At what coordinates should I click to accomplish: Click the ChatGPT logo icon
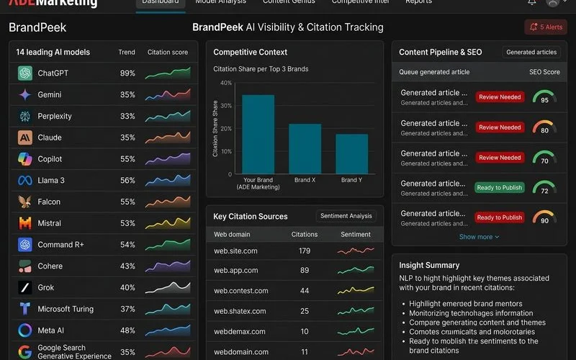coord(25,73)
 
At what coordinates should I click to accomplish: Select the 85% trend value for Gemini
coord(127,95)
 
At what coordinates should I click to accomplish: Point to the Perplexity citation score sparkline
coord(167,116)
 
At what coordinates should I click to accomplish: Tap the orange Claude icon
coord(25,138)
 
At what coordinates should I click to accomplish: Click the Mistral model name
coord(50,223)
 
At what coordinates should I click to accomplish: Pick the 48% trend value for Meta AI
coord(127,330)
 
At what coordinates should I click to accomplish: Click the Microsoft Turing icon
coord(25,309)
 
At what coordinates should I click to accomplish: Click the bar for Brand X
coord(305,149)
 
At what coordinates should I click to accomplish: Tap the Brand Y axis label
coord(351,180)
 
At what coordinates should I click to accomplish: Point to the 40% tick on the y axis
coord(225,83)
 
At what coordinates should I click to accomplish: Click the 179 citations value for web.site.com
coord(305,251)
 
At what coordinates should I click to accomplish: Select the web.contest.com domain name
coord(241,291)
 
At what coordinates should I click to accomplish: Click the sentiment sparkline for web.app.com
coord(356,271)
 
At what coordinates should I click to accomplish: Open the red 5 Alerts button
coord(546,27)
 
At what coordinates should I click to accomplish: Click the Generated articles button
coord(531,53)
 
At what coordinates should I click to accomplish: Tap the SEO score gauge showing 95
coord(544,96)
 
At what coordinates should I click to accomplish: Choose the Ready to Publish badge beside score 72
coord(500,187)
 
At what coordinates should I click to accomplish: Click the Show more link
coord(479,237)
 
